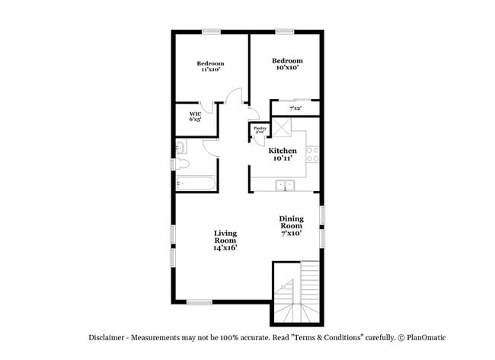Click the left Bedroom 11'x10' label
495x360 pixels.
coord(210,66)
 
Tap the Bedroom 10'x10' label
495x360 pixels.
coord(287,64)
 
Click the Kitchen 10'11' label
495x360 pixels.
coord(282,154)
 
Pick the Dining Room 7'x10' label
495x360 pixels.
coord(291,225)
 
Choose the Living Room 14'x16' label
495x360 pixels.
coord(225,240)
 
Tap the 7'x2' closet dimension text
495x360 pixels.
coord(295,109)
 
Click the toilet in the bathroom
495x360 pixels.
coord(183,165)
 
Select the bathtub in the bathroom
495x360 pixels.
coord(195,183)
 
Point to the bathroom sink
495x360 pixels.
coord(180,147)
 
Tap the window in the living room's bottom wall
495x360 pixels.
coord(200,302)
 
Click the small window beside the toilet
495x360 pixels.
coord(172,165)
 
